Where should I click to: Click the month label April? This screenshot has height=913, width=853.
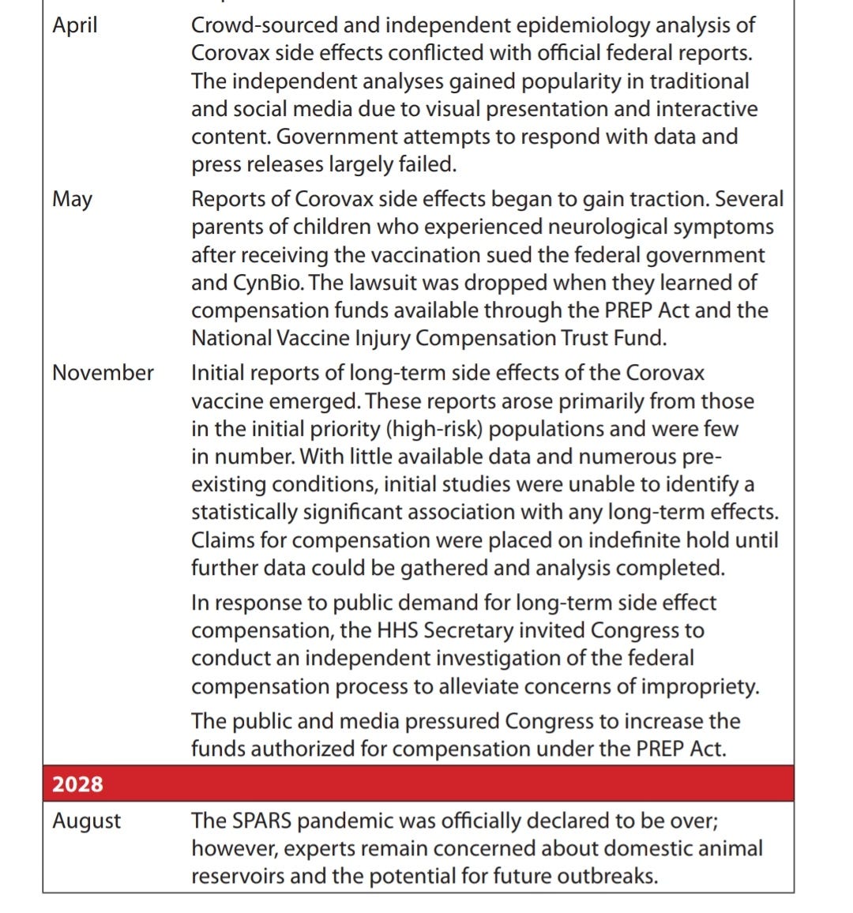pyautogui.click(x=75, y=26)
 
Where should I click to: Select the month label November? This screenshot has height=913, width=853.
pyautogui.click(x=103, y=373)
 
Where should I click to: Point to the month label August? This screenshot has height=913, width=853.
pyautogui.click(x=86, y=821)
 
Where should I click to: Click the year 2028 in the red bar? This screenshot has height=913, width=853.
pyautogui.click(x=77, y=784)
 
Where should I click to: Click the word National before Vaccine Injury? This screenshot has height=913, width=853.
pyautogui.click(x=231, y=339)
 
